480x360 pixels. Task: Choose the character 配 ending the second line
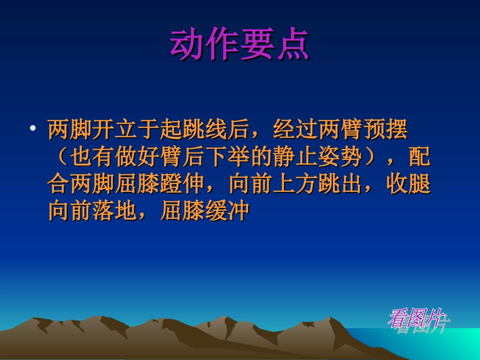pyautogui.click(x=420, y=158)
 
